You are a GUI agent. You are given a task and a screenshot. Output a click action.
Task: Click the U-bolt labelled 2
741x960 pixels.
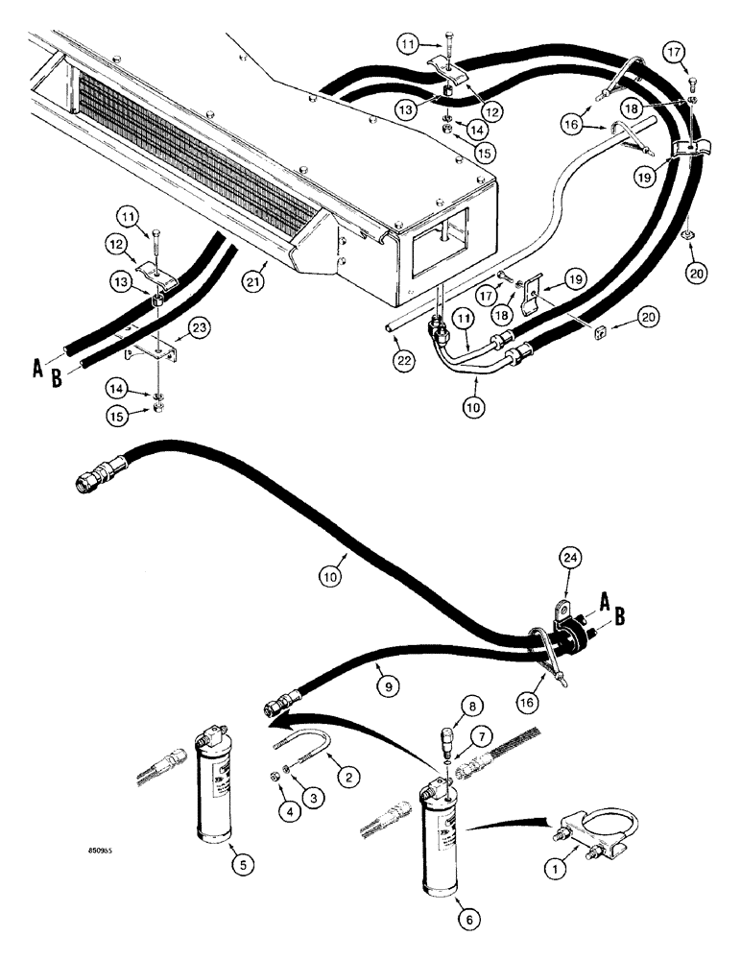point(306,748)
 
